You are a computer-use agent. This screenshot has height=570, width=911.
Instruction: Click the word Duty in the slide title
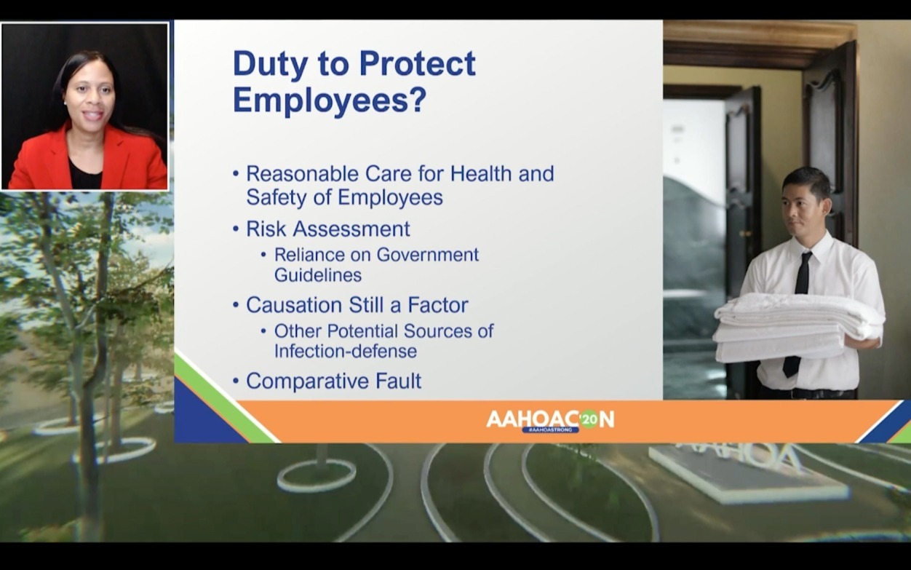269,65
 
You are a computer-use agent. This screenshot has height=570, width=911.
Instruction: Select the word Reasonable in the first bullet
302,174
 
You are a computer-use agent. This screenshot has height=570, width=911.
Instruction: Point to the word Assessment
351,229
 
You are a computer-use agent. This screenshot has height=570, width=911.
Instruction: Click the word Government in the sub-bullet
427,255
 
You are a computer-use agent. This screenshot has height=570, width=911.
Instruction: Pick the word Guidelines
318,275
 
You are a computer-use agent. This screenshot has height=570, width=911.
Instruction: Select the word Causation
294,305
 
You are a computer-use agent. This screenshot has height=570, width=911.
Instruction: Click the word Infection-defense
346,351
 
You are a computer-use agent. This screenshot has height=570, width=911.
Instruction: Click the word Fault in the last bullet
398,381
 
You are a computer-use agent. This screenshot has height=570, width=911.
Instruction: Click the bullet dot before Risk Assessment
236,229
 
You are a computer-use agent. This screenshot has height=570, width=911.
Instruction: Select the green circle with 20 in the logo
589,420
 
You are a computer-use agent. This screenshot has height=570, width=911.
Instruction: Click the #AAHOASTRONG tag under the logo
551,430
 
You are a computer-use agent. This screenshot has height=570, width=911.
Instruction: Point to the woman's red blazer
88,161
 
